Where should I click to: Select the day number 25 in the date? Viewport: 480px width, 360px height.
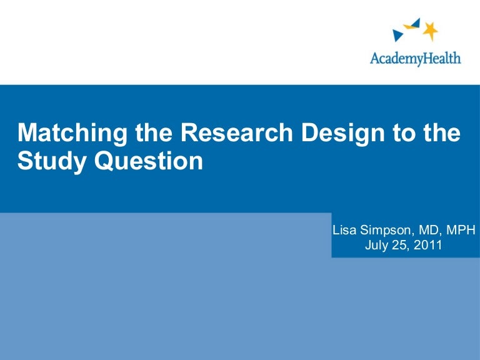(x=401, y=245)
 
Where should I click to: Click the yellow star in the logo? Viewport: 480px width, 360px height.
(x=430, y=31)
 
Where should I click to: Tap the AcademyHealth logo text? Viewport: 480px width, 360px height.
(x=415, y=58)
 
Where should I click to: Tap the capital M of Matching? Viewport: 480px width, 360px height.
(x=27, y=133)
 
